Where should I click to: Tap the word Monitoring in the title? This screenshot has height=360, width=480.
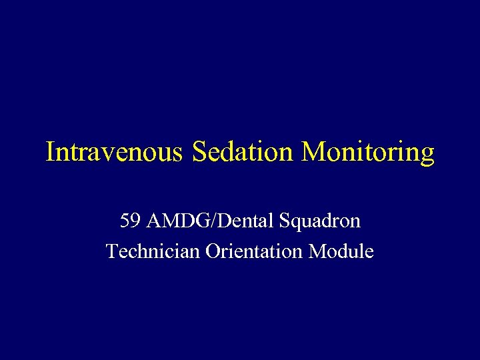click(368, 153)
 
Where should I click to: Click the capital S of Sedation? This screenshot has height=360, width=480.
click(198, 151)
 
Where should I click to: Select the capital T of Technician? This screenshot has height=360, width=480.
click(111, 252)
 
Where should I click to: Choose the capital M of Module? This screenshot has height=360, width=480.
click(319, 252)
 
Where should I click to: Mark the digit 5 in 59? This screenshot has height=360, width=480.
click(124, 221)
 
